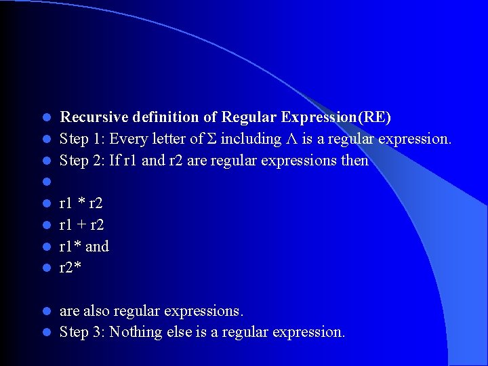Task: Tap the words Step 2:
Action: (x=79, y=161)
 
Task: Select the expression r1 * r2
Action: (x=81, y=203)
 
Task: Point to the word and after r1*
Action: (x=97, y=246)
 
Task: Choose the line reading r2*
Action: (x=70, y=268)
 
